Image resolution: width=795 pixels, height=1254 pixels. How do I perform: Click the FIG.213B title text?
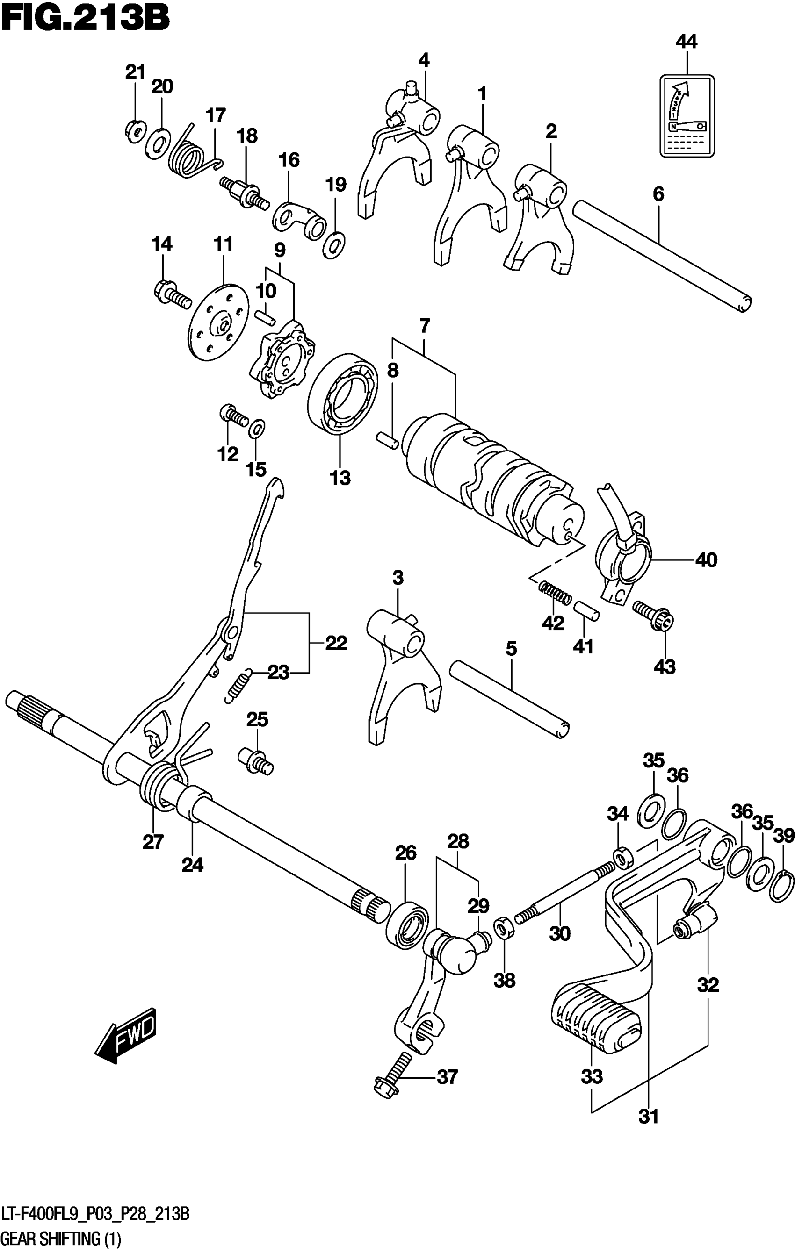[x=86, y=20]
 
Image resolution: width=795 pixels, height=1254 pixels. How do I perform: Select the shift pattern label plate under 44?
[x=687, y=115]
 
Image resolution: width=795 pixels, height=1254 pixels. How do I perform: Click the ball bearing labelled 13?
[x=343, y=393]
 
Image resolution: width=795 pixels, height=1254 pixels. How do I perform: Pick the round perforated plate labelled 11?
[x=218, y=322]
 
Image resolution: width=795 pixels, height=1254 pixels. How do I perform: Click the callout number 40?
[x=706, y=560]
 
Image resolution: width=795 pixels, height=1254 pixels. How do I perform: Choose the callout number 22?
[x=336, y=643]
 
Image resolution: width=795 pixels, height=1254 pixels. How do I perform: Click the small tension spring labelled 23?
[x=239, y=687]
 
